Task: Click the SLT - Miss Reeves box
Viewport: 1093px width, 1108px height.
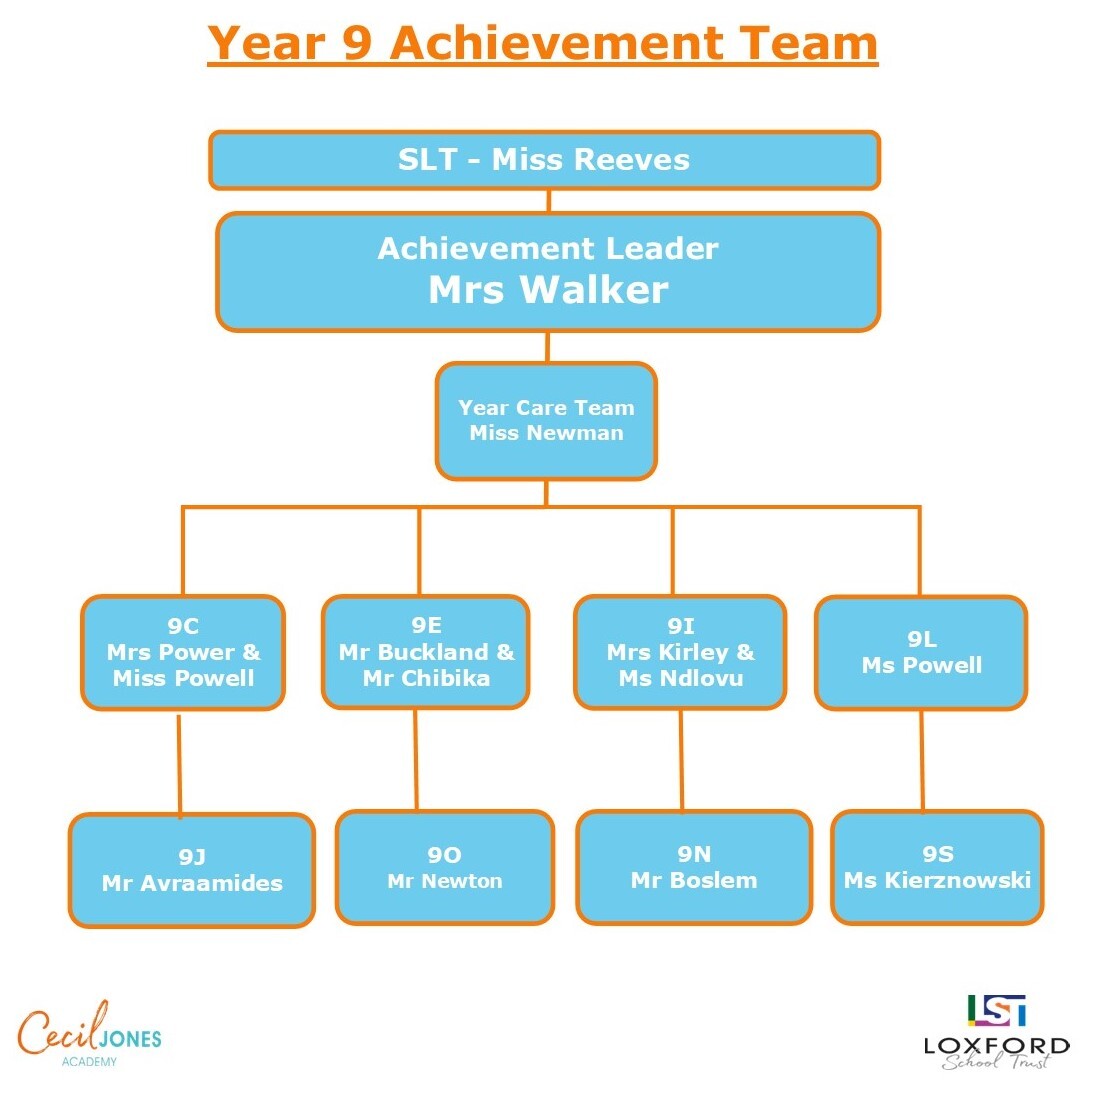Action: click(544, 160)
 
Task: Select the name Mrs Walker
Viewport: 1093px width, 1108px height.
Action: click(548, 290)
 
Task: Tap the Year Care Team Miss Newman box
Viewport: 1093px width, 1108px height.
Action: click(546, 421)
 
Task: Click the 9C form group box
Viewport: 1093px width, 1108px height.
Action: click(183, 652)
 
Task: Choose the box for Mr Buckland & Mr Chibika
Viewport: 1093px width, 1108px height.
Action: click(426, 652)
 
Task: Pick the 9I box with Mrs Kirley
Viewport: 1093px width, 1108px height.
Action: click(680, 652)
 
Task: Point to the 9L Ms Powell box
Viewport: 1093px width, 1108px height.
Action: click(921, 653)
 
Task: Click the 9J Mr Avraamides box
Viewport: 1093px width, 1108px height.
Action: click(192, 870)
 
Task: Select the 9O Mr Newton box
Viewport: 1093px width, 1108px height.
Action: click(445, 868)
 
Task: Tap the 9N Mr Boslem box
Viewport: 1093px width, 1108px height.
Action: click(694, 867)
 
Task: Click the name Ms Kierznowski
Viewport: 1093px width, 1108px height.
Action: click(937, 880)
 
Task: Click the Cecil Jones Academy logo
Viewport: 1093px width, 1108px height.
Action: click(89, 1036)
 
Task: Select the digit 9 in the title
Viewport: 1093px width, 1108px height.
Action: click(357, 43)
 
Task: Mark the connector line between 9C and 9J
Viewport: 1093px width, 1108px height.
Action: click(180, 763)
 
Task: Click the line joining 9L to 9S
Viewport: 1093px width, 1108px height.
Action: click(922, 760)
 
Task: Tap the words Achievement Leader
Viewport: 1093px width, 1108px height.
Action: click(548, 248)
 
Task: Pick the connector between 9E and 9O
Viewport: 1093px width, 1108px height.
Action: click(416, 760)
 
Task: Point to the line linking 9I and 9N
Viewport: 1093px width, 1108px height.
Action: click(681, 760)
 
